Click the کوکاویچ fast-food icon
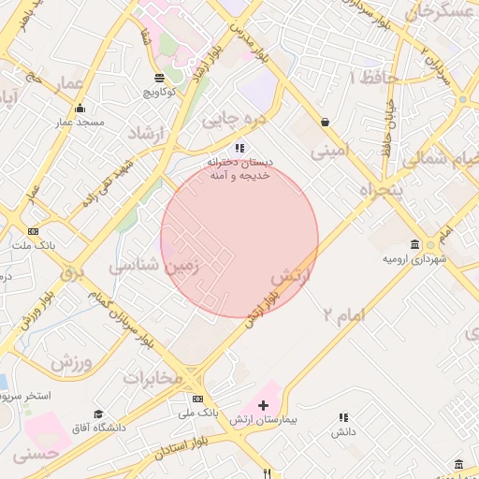[x=160, y=78]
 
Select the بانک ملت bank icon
[x=34, y=231]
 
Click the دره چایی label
[x=235, y=119]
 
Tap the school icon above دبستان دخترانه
[x=239, y=148]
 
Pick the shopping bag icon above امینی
[x=325, y=122]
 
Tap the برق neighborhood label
[x=72, y=274]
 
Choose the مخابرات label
[x=151, y=377]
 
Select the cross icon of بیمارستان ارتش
[x=263, y=406]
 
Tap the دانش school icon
[x=343, y=417]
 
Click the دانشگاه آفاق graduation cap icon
[x=98, y=414]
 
